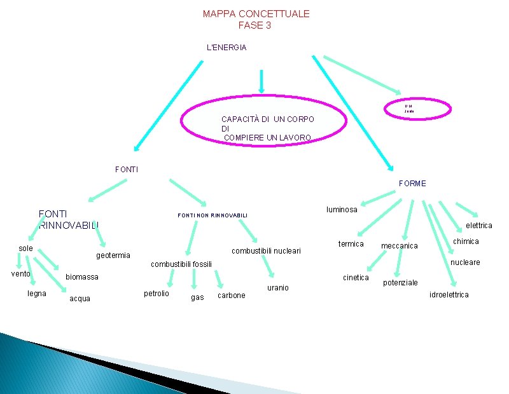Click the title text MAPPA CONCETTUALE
pos(256,13)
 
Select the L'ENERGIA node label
pos(227,48)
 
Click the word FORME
pos(412,184)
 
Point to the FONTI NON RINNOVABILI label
pos(212,216)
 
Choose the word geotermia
pos(113,255)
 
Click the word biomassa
pos(82,277)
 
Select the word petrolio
pos(157,294)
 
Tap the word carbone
pos(231,295)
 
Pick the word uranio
pos(277,288)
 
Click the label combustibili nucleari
pos(266,250)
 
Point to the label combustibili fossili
pos(181,264)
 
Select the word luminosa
pos(342,210)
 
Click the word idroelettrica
pos(449,295)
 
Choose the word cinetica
pos(356,278)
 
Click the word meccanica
pos(399,246)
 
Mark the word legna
pos(36,293)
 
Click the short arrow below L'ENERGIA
pos(261,81)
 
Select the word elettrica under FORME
pos(479,226)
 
